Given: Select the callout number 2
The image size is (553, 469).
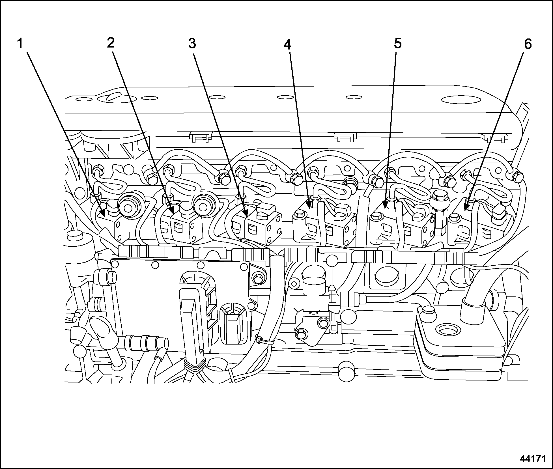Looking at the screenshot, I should pyautogui.click(x=111, y=43).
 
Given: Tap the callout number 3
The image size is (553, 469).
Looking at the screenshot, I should pyautogui.click(x=192, y=44).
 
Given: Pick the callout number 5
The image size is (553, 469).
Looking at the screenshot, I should pyautogui.click(x=397, y=44).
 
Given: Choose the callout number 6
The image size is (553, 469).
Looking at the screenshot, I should pyautogui.click(x=528, y=44).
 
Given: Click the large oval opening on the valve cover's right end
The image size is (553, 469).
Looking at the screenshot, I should pyautogui.click(x=461, y=100).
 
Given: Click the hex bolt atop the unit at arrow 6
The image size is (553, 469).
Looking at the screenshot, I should pyautogui.click(x=453, y=218).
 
